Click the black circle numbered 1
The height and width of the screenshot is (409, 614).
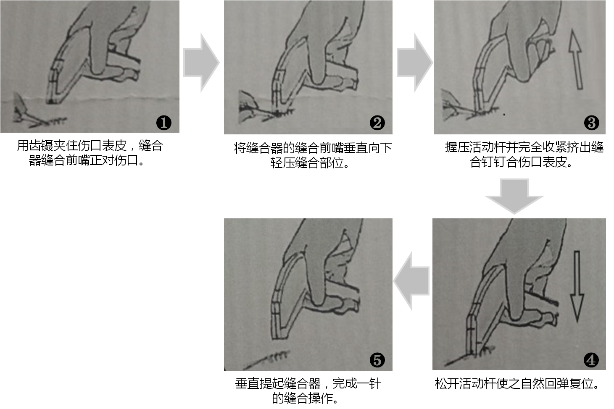pyautogui.click(x=164, y=123)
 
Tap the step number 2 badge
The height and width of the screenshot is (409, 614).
pyautogui.click(x=377, y=123)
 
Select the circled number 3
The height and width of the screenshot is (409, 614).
pyautogui.click(x=591, y=123)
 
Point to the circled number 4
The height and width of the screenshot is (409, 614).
pyautogui.click(x=591, y=360)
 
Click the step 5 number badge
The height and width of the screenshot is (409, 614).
pyautogui.click(x=377, y=360)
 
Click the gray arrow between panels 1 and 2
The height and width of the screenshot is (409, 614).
pyautogui.click(x=201, y=63)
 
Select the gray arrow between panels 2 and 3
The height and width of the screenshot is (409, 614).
pyautogui.click(x=414, y=63)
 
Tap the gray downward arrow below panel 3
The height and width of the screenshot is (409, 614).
pyautogui.click(x=514, y=196)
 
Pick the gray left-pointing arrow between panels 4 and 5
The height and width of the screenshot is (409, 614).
pyautogui.click(x=411, y=281)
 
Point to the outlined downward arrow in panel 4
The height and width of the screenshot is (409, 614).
pyautogui.click(x=577, y=286)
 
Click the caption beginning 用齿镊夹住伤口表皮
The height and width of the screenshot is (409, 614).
pyautogui.click(x=90, y=153)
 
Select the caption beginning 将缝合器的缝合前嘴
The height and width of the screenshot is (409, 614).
pyautogui.click(x=313, y=155)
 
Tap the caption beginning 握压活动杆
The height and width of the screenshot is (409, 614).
pyautogui.click(x=524, y=155)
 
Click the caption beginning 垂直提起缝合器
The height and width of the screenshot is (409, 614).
pyautogui.click(x=308, y=391)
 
